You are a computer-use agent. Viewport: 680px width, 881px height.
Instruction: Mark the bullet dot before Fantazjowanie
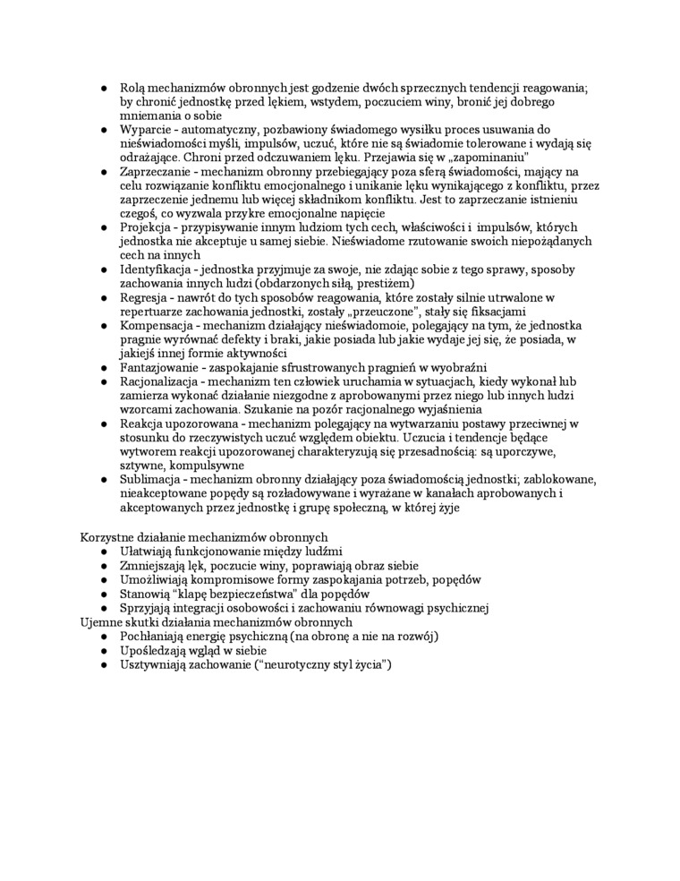click(104, 367)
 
